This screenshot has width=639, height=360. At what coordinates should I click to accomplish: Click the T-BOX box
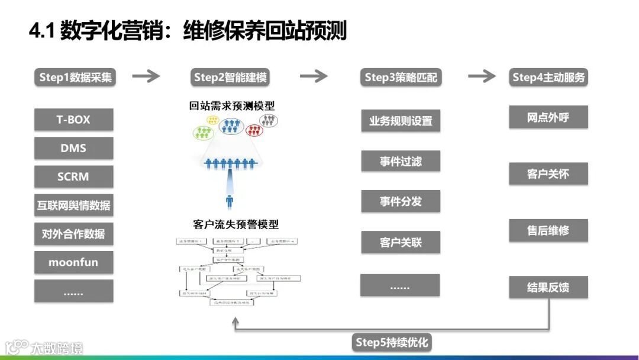(73, 120)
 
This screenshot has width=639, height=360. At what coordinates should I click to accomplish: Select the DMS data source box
(73, 148)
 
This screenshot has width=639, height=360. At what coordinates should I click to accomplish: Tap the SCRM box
(73, 176)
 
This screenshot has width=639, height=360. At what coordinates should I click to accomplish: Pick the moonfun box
(73, 262)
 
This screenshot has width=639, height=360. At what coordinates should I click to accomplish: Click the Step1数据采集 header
(75, 77)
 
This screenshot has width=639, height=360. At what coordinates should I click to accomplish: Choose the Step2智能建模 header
(230, 77)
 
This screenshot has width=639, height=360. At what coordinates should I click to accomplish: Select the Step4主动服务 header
(548, 77)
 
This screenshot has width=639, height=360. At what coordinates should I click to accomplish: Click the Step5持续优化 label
(392, 342)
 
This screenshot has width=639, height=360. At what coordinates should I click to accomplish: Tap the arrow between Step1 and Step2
(146, 76)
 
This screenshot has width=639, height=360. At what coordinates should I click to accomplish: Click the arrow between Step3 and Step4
(482, 76)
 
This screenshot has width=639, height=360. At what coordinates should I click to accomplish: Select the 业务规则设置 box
(401, 121)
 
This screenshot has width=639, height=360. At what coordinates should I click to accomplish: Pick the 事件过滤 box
(401, 161)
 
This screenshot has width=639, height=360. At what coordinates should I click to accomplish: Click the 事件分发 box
(401, 201)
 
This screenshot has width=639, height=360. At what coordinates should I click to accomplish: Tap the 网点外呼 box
(548, 117)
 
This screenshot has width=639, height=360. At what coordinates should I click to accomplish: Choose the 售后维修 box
(548, 230)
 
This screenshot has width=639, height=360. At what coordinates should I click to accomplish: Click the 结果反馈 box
(548, 288)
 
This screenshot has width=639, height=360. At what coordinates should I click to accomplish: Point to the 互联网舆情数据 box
(73, 205)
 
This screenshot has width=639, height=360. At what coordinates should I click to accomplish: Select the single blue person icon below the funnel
(230, 201)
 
